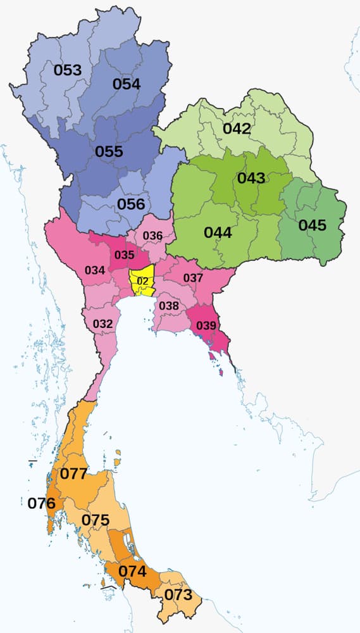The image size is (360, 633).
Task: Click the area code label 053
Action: tap(68, 70)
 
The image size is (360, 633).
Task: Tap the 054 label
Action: tap(127, 84)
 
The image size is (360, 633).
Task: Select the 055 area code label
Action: tap(109, 152)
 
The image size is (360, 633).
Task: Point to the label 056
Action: tap(131, 204)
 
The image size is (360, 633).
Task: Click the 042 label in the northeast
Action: tap(236, 128)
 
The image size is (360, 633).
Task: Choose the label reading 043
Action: tap(251, 178)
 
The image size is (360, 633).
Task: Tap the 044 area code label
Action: tap(218, 232)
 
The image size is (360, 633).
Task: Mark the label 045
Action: tap(312, 225)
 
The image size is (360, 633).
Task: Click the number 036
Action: tap(153, 236)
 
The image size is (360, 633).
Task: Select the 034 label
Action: tap(95, 271)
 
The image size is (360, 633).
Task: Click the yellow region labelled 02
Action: tap(142, 280)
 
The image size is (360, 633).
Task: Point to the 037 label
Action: tap(193, 278)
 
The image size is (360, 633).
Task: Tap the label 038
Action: tap(169, 306)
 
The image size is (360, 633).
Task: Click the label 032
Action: tap(102, 324)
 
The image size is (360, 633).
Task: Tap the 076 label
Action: tap(42, 504)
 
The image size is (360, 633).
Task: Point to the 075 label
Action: tap(96, 520)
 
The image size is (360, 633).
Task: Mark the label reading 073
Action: tap(178, 594)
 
